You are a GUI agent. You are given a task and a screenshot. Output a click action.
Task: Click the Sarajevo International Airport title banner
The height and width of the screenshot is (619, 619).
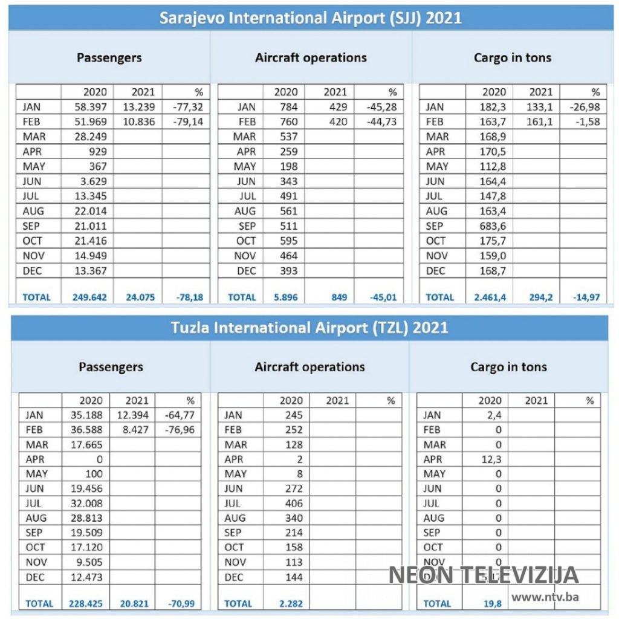pos(310,17)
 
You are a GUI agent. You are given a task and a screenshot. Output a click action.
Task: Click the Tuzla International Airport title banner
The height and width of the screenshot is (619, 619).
pos(309,327)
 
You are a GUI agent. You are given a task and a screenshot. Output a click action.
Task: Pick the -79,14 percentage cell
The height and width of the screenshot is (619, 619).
pos(187,122)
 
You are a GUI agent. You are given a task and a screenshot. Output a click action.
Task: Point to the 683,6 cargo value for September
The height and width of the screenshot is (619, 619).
pos(493,226)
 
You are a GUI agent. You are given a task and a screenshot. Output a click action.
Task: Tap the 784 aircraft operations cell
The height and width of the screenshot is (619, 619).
pos(287,107)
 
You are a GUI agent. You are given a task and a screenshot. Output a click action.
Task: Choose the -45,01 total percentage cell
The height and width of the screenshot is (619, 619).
pos(382,297)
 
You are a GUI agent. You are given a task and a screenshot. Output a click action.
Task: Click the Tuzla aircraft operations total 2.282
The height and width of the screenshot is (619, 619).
pos(290,603)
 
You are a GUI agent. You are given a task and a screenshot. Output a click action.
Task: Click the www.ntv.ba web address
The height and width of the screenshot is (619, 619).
pos(545,597)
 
